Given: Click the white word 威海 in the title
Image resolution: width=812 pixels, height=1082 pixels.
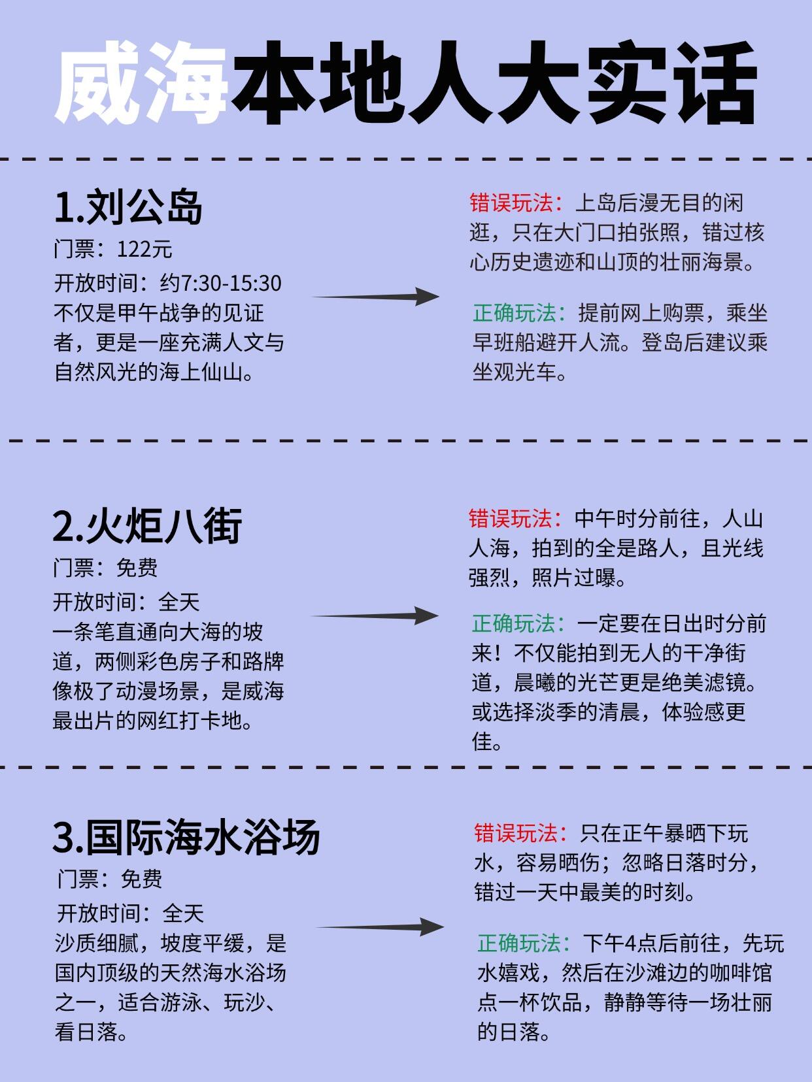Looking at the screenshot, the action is pos(141,82).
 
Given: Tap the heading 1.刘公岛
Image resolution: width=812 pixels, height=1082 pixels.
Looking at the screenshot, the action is pos(128,207).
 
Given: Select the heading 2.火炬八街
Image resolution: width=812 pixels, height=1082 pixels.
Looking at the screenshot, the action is pos(147,525).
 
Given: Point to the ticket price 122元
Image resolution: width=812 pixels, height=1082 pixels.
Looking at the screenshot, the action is pos(144,250).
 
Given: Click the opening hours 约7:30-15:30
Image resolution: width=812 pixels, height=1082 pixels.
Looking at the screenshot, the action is pos(220,284).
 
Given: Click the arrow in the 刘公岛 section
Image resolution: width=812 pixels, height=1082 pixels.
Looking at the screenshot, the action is pos(375,297).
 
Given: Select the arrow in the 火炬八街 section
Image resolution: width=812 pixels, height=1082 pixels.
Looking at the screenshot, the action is pos(375,615).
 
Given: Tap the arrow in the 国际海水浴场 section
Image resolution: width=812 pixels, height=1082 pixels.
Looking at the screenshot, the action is pos(380,927).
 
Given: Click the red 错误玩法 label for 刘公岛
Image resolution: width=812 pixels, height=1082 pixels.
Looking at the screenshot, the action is pos(512,203).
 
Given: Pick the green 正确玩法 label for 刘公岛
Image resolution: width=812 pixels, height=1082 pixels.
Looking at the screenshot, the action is pos(515,314).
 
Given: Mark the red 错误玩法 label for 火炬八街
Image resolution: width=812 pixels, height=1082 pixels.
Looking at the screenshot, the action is pos(511,519).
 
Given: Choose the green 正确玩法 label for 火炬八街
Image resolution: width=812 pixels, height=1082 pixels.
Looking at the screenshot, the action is pos(514,624).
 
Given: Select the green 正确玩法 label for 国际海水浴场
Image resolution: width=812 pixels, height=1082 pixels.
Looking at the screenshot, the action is pos(519,944).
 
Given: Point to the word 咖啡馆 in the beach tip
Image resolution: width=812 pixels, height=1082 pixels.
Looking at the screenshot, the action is pos(741,974).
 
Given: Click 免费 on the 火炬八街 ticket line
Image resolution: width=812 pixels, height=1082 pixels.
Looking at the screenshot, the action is pos(137,568).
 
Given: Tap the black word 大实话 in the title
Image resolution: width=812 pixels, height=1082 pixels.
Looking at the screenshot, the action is pos(627,82).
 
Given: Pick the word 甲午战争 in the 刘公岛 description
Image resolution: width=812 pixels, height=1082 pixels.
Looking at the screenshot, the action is pos(159,313).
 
